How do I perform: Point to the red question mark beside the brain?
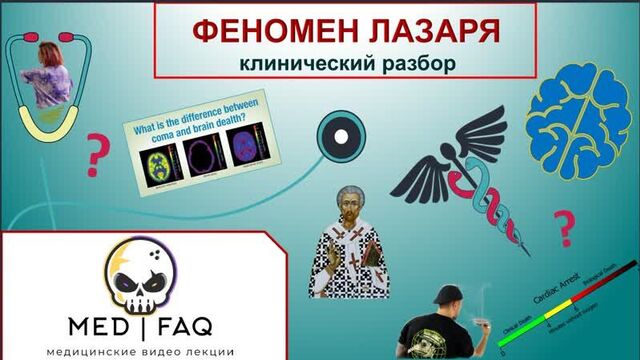(x=567, y=228)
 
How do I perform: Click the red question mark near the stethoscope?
(x=98, y=155)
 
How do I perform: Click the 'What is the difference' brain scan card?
(x=200, y=150)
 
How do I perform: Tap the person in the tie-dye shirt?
(x=48, y=75)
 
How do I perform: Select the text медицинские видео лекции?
(x=132, y=349)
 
